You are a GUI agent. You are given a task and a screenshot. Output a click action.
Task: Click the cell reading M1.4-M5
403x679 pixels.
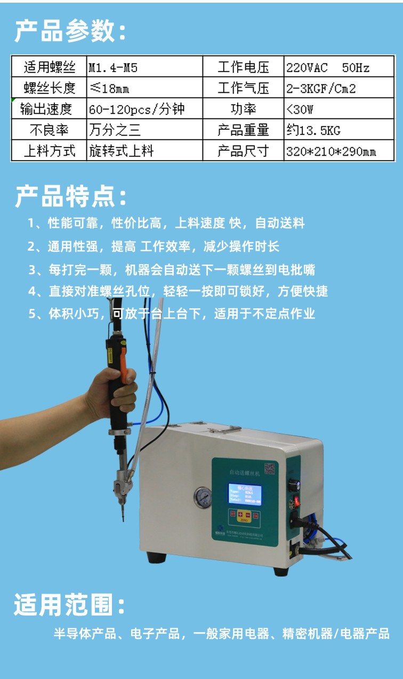tap(144, 68)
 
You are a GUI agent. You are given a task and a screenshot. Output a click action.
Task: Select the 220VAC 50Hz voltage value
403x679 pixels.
tap(338, 68)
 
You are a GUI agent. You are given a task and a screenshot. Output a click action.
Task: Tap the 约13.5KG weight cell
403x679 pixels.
tap(338, 130)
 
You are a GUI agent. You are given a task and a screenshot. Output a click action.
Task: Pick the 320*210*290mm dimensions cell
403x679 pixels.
tap(338, 151)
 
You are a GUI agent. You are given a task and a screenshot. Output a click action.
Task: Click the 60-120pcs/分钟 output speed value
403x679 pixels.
tap(144, 109)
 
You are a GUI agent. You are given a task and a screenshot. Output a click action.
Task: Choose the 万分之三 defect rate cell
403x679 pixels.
tap(144, 130)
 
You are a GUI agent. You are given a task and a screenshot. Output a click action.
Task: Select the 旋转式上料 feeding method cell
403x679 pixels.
tap(144, 151)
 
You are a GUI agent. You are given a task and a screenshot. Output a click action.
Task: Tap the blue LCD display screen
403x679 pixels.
tap(245, 494)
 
